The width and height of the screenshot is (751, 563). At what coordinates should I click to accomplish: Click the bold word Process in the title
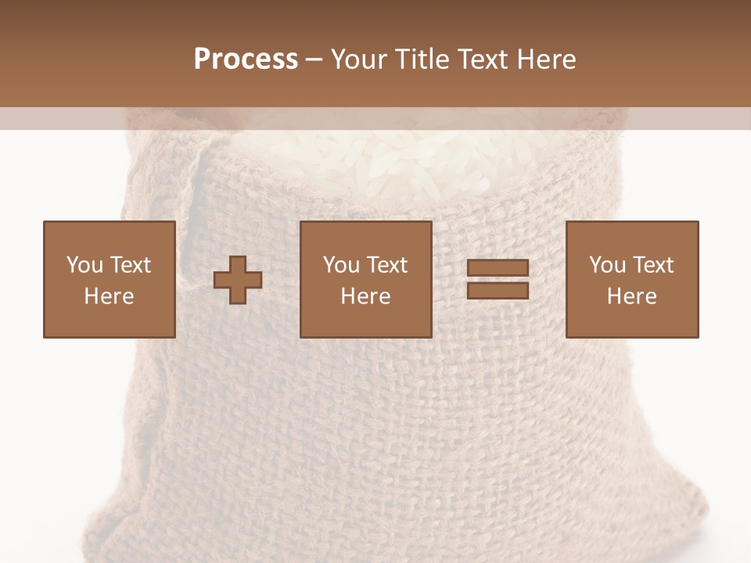pos(246,59)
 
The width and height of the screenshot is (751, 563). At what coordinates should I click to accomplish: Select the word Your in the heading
pos(361,59)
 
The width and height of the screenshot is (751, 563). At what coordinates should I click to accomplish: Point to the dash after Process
pos(314,60)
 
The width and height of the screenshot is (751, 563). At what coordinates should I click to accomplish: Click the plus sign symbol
pos(238,279)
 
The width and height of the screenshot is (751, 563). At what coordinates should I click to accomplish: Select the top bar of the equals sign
pos(498,268)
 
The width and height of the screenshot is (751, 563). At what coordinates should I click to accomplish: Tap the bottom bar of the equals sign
pos(498,290)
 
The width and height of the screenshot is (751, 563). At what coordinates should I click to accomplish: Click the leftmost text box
pos(109,279)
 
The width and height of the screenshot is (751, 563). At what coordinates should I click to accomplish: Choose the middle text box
pos(365,279)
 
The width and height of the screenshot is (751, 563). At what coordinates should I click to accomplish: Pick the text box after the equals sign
pos(631,279)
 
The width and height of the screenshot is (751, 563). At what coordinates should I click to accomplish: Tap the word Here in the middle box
pos(365,296)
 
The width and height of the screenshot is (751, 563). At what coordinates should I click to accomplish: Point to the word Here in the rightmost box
pos(631,296)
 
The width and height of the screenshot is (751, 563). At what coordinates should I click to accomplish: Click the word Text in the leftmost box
pos(131,265)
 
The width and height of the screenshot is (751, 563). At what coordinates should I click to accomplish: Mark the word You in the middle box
pos(341,265)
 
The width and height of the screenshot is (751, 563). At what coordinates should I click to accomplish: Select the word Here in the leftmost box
pos(109,296)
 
